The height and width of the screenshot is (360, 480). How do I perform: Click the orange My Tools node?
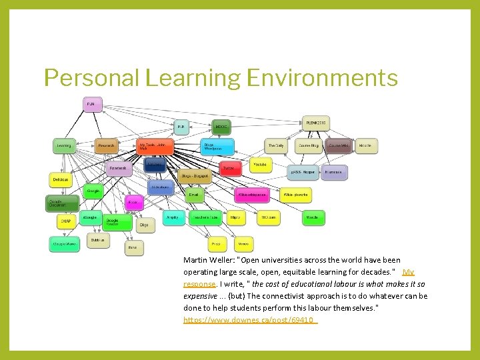(x=156, y=147)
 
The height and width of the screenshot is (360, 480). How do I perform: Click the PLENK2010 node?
(x=315, y=123)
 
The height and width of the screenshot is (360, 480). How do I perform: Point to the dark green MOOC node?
(x=222, y=125)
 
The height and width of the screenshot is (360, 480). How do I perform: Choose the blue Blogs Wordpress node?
(x=217, y=147)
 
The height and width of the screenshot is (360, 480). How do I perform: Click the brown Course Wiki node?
(x=339, y=145)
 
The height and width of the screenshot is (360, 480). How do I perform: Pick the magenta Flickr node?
(x=134, y=202)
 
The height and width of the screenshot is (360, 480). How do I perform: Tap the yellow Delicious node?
(x=61, y=179)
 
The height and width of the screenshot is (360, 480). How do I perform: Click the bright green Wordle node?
(x=313, y=217)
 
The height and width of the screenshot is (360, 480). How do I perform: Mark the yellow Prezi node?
(x=216, y=245)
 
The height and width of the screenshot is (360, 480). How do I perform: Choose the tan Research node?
(x=107, y=145)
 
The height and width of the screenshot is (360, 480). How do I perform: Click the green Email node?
(x=194, y=195)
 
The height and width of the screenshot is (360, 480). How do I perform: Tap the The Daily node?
(x=277, y=145)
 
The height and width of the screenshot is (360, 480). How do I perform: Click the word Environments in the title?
(x=322, y=78)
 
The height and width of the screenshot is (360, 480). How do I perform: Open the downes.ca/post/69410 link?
(x=250, y=320)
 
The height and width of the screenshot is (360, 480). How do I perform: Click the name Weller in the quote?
(x=221, y=260)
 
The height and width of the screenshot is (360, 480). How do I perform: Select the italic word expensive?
(x=200, y=296)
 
